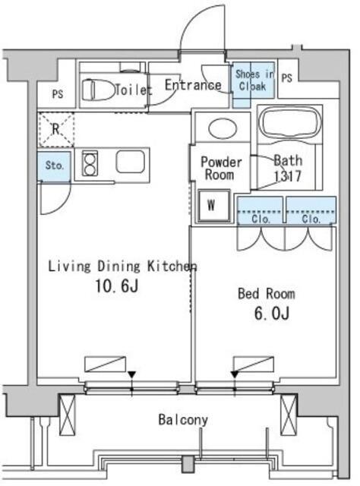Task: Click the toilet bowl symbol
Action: [x=98, y=90]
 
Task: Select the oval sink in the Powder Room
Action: [x=223, y=128]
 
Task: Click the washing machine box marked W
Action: [x=214, y=206]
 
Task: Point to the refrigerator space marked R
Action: [x=55, y=130]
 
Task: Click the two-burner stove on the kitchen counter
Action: [x=90, y=163]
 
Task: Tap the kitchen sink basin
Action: [x=130, y=162]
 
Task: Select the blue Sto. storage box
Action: [x=54, y=167]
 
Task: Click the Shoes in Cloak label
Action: [x=254, y=80]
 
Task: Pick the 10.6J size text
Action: [x=117, y=286]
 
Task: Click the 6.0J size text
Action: [x=272, y=314]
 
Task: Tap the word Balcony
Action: [x=183, y=420]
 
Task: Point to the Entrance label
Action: [x=193, y=85]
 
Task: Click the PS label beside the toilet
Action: [x=58, y=94]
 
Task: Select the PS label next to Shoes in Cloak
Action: [x=287, y=78]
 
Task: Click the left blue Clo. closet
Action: [x=261, y=210]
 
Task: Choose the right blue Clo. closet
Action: [x=311, y=210]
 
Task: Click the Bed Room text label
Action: [x=267, y=294]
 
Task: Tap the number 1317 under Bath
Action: [x=287, y=176]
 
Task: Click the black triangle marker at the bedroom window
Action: [x=235, y=374]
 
